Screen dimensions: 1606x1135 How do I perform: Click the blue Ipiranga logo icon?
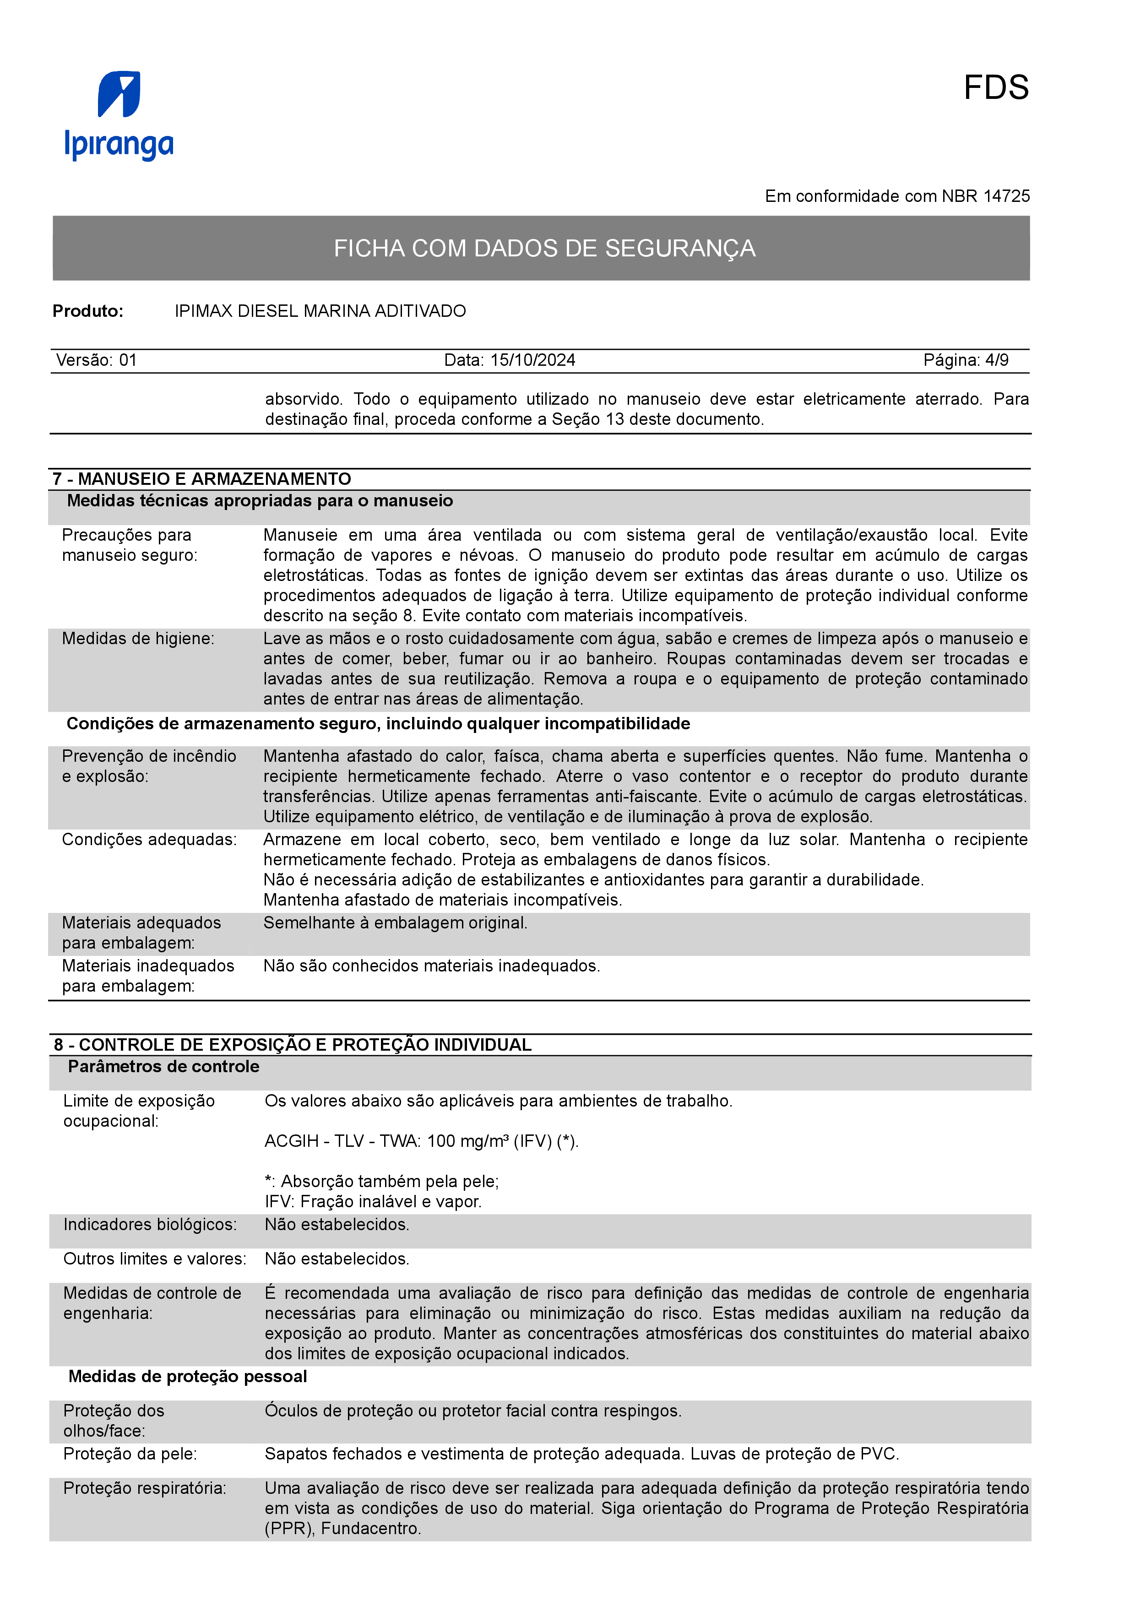tap(119, 94)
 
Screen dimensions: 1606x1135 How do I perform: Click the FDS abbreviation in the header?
tap(995, 88)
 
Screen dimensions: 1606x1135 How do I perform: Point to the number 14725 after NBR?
tap(1006, 196)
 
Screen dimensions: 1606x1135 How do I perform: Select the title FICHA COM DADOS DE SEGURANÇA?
tap(544, 248)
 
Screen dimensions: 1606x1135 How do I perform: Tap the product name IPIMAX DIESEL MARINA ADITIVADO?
tap(320, 311)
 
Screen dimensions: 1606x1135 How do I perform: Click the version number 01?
tap(128, 360)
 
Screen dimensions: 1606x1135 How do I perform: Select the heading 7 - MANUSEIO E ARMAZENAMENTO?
tap(202, 479)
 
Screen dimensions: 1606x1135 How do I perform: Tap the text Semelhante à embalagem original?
tap(395, 923)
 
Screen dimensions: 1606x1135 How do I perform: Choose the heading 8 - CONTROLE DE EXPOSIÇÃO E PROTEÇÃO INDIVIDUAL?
tap(292, 1045)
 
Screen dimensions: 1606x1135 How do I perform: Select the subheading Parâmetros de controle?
tap(163, 1067)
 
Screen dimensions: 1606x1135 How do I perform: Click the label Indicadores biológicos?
tap(150, 1225)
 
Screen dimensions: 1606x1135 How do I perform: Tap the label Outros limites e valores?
tap(155, 1259)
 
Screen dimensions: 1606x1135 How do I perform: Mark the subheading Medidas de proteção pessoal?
tap(187, 1377)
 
